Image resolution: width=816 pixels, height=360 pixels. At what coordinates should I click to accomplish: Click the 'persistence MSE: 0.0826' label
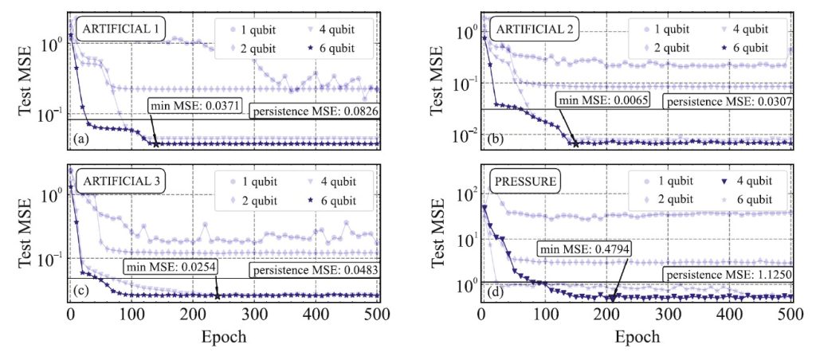click(x=314, y=112)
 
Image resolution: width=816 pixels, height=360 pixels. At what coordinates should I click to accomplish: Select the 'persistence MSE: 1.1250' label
click(x=723, y=276)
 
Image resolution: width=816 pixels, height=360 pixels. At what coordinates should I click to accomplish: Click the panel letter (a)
click(x=80, y=140)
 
